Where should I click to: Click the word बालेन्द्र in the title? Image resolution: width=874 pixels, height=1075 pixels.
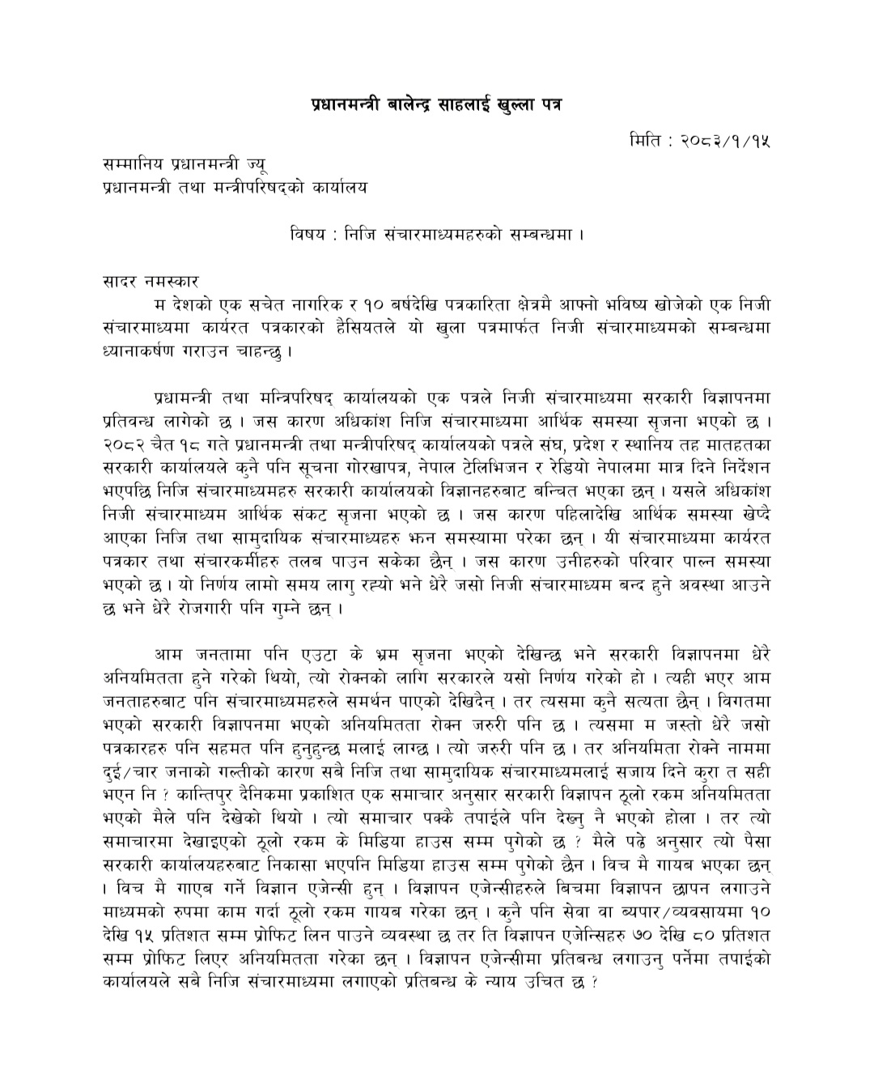(400, 105)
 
